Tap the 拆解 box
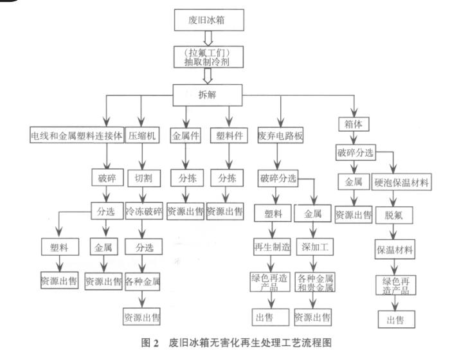[x=208, y=96]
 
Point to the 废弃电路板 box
[x=280, y=136]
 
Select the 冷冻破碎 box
[x=143, y=212]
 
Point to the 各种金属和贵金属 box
[x=314, y=283]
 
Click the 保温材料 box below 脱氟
[x=395, y=249]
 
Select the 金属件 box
[x=186, y=136]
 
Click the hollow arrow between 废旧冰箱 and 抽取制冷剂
[x=208, y=38]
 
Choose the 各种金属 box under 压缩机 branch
[x=143, y=282]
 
